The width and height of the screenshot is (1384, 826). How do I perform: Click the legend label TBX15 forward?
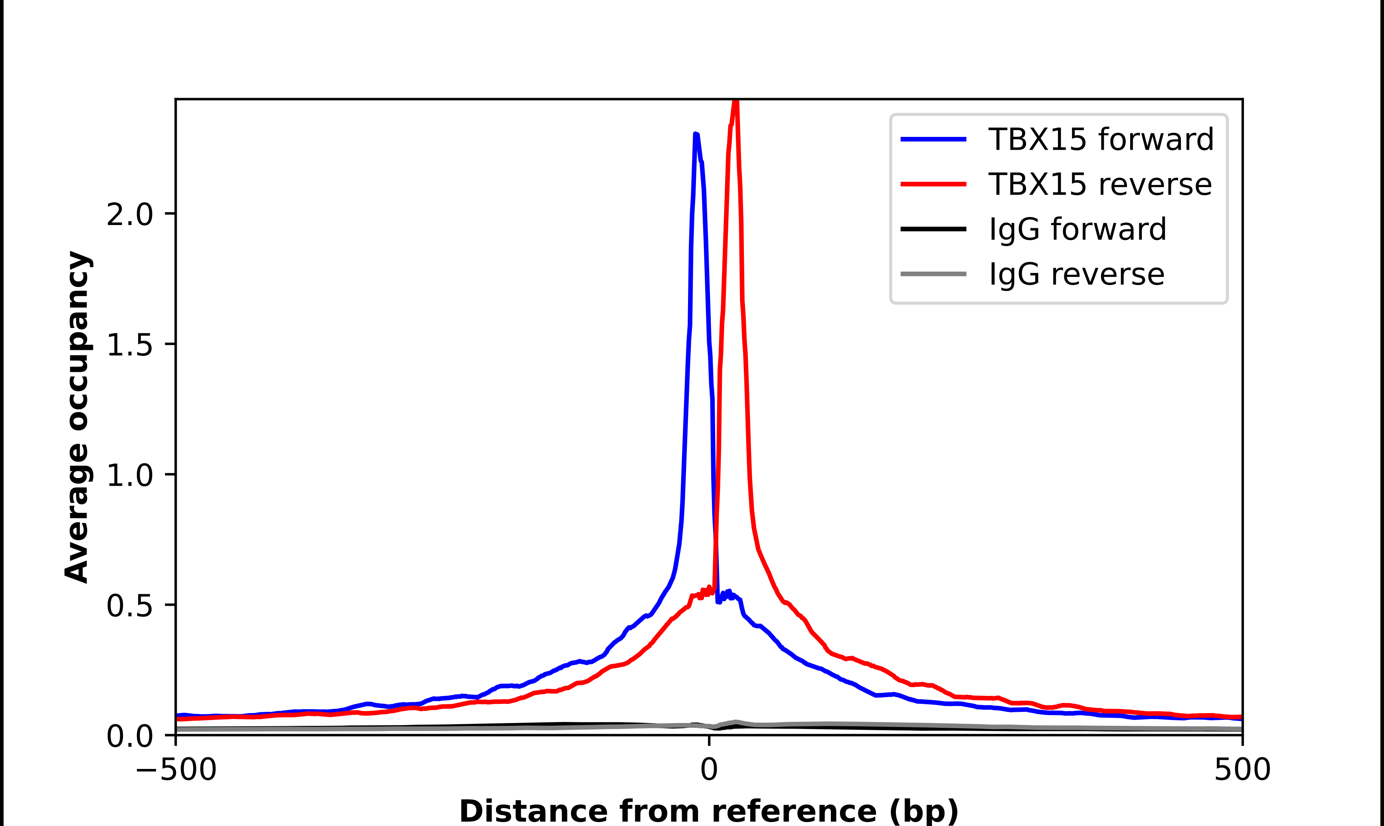click(1101, 139)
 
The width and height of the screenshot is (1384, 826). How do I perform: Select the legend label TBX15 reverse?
click(1099, 184)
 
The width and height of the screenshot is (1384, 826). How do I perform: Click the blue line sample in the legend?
click(933, 139)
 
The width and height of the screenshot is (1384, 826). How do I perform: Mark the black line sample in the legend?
click(933, 229)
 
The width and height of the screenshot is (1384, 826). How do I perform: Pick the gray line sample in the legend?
click(933, 274)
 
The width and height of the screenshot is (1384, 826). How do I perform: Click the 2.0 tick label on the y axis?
click(129, 214)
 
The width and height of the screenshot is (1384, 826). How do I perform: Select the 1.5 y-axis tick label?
click(129, 344)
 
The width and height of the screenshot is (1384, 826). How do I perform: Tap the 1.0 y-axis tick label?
click(129, 475)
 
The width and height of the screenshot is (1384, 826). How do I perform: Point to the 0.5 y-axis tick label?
click(129, 606)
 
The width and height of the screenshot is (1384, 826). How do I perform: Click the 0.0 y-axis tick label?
click(129, 736)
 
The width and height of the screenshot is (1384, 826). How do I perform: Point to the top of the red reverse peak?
click(735, 101)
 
